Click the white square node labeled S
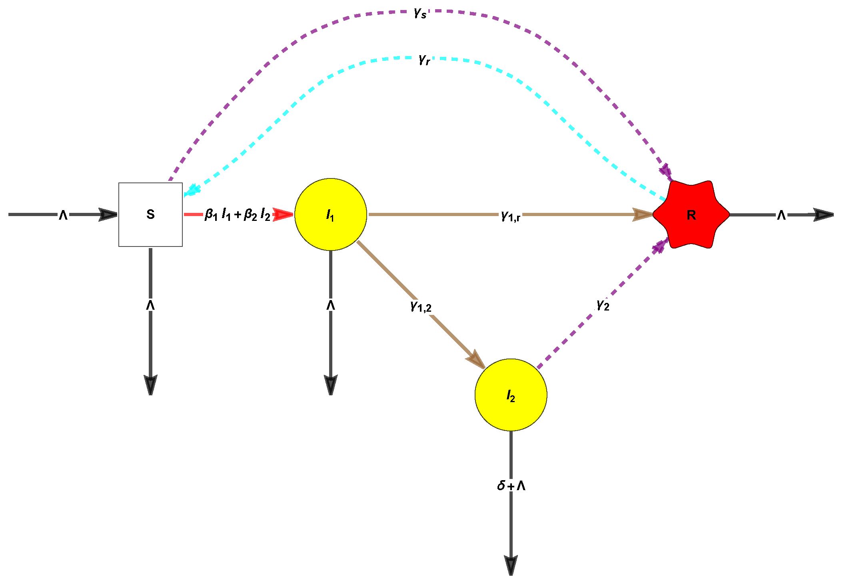(x=150, y=214)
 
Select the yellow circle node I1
(x=330, y=214)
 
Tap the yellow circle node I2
(x=511, y=395)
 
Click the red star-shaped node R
(x=691, y=214)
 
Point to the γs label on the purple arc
(x=420, y=13)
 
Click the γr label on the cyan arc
(x=424, y=60)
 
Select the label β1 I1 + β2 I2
(x=238, y=214)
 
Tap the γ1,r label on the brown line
(x=511, y=216)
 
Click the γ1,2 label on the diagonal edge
(x=421, y=307)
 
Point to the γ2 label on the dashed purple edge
(x=603, y=305)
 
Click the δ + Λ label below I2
(x=511, y=486)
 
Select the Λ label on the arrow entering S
(x=63, y=215)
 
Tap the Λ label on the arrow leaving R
(x=781, y=215)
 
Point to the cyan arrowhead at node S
(x=191, y=190)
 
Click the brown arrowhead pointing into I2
(x=476, y=359)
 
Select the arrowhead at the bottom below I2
(x=511, y=565)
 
